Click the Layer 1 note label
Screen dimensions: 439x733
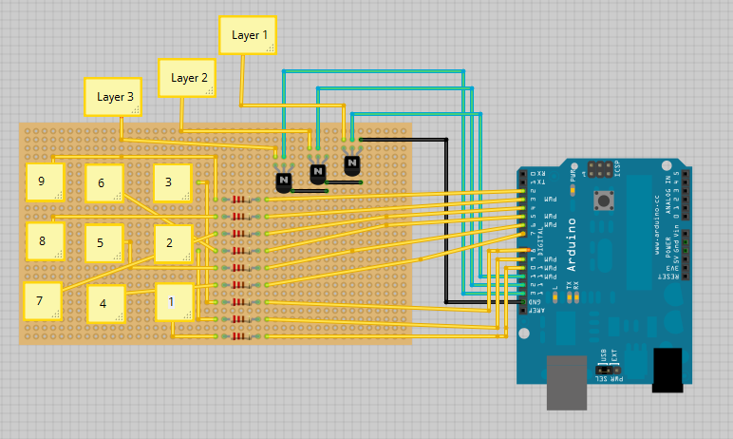pos(248,34)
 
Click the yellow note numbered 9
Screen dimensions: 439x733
pos(44,181)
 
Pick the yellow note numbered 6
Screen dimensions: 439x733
pos(103,183)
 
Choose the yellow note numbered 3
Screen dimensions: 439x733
pos(172,182)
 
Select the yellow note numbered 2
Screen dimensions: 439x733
pos(173,243)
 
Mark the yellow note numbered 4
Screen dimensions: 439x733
pos(104,304)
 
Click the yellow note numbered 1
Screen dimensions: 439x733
pos(174,302)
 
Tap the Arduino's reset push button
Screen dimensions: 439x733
pos(602,200)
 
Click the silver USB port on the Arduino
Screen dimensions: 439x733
pos(568,382)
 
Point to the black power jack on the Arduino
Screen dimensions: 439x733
pos(667,369)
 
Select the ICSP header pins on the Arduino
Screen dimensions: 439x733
pos(600,170)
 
